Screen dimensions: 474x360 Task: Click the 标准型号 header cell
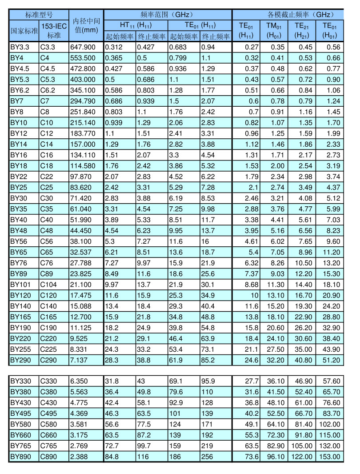39,14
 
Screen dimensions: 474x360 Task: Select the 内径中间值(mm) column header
86,25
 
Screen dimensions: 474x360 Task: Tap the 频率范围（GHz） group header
168,14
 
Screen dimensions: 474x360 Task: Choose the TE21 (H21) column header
302,30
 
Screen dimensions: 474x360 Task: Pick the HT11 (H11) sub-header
136,25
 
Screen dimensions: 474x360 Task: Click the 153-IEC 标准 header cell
54,30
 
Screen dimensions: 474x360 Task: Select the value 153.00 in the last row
330,456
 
